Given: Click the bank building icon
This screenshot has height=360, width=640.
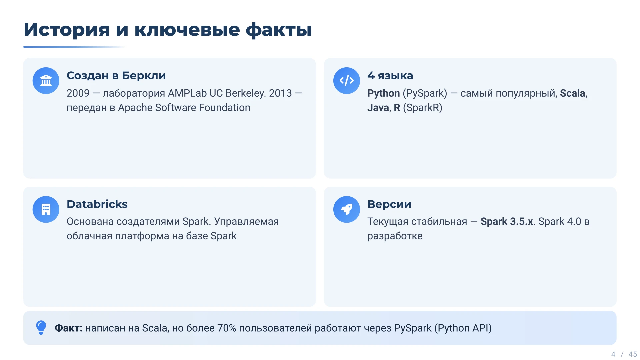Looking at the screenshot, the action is (x=46, y=81).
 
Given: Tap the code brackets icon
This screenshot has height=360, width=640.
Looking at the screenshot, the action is (x=347, y=81).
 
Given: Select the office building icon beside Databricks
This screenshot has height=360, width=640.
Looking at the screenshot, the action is (x=46, y=209).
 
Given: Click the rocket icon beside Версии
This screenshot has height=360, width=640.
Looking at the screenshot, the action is (x=347, y=209).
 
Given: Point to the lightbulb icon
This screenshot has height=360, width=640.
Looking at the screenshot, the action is (x=41, y=328).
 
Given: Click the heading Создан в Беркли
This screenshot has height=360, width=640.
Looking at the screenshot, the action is (x=116, y=75).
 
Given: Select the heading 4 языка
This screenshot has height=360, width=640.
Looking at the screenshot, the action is (x=390, y=75).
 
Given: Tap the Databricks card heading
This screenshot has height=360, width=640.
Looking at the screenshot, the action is (x=97, y=204).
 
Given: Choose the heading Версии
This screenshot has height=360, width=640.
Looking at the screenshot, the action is (x=389, y=204).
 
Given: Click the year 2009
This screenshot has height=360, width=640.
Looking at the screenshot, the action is (x=78, y=93).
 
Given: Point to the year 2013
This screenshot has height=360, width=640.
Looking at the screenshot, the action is (x=280, y=93).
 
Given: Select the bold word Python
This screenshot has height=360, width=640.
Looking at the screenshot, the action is (x=383, y=93).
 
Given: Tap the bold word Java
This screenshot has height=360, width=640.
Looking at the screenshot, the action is (x=378, y=108).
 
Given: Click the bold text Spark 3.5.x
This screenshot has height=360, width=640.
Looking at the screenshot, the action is (x=507, y=222).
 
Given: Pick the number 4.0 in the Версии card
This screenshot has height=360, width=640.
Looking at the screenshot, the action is (x=574, y=221).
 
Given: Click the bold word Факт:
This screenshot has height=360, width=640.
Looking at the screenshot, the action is (x=68, y=328).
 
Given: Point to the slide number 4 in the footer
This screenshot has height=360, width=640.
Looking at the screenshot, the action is (x=613, y=354).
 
